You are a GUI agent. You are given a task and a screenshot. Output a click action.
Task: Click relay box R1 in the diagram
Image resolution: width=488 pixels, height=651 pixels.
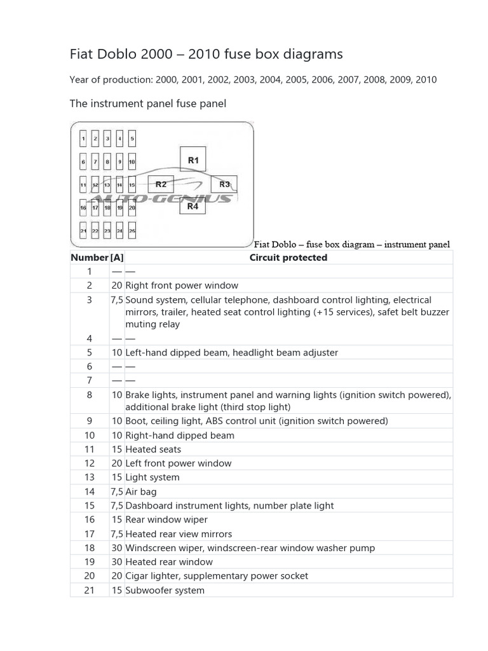pos(193,160)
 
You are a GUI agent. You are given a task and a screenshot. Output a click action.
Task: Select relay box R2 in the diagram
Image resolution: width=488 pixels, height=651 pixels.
pos(161,184)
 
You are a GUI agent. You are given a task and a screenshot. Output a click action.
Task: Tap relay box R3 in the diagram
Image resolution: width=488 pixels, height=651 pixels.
pos(224,184)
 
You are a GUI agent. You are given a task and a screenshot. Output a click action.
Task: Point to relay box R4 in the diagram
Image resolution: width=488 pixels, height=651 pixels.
pos(193,206)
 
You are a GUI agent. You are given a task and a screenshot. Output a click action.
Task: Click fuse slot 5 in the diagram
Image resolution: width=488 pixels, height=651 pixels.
pos(132,138)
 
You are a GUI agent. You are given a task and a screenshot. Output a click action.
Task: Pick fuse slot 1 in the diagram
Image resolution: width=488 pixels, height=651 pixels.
pos(83,138)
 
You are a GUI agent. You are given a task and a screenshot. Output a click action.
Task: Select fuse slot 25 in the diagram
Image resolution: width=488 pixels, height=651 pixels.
pos(132,231)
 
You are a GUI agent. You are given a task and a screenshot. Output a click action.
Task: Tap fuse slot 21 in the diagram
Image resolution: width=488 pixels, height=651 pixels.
pos(83,231)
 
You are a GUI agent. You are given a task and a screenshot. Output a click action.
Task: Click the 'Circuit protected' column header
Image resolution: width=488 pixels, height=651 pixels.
pos(288,257)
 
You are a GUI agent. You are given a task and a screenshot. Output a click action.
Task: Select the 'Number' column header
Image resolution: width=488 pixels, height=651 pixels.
pos(90,257)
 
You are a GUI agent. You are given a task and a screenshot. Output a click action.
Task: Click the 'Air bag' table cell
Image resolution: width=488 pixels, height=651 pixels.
pos(141,491)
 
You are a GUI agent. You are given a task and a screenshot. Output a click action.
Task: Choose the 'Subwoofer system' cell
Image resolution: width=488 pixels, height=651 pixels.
pos(165,590)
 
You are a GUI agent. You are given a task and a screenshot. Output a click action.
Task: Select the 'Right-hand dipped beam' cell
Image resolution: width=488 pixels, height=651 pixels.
pos(180,435)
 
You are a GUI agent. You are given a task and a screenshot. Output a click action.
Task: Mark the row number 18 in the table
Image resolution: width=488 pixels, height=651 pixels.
pos(90,548)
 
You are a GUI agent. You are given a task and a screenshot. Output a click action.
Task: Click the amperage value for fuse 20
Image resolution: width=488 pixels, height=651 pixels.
pos(117,576)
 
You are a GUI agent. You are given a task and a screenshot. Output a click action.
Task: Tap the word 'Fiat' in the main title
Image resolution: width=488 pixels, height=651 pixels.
pos(81,55)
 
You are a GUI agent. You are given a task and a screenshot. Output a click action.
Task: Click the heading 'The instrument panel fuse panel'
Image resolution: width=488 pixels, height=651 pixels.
pos(147,103)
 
